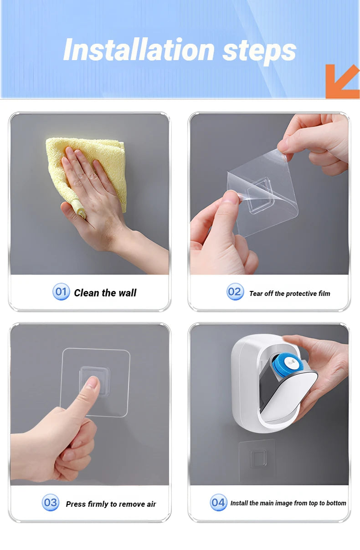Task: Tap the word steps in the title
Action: point(259,52)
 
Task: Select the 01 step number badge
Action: point(61,291)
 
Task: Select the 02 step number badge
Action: point(235,291)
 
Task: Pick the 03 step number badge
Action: point(51,502)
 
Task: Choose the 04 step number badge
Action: point(218,502)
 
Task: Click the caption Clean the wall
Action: point(105,293)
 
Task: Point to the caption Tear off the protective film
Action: point(290,293)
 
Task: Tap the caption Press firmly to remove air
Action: point(111,504)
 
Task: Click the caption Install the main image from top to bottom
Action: point(288,503)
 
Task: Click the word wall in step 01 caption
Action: point(127,293)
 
